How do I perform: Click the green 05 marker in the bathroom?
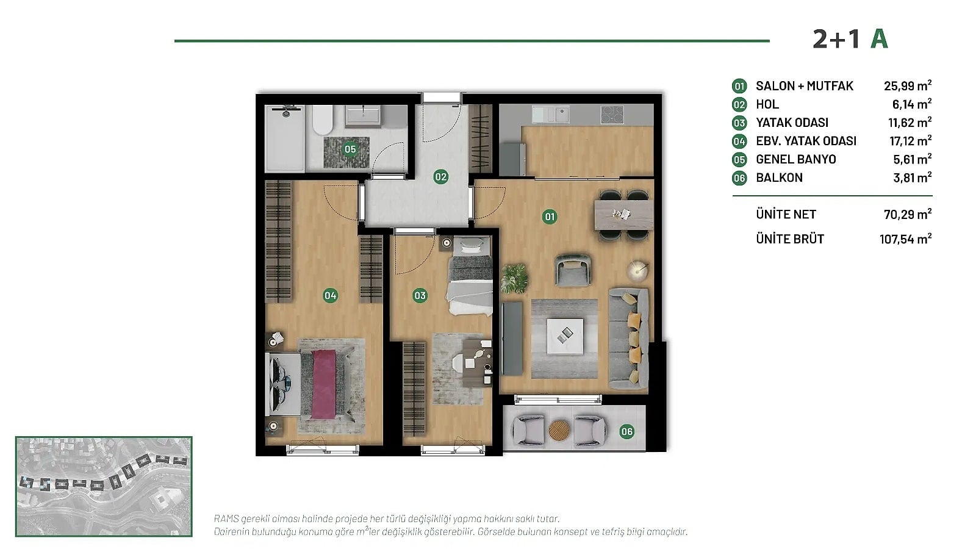[350, 149]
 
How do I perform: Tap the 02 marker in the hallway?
[440, 177]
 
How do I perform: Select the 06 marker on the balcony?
[626, 432]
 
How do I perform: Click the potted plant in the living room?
[514, 278]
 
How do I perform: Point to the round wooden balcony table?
[559, 431]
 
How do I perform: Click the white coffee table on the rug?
[565, 336]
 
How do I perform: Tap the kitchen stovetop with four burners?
[612, 115]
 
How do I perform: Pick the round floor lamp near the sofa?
[638, 271]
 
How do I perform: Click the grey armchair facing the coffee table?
[573, 270]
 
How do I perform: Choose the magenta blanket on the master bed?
[324, 384]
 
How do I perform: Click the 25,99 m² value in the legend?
[908, 85]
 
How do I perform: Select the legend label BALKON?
[779, 178]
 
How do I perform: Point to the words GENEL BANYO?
[795, 159]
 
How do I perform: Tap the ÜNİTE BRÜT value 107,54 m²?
[905, 239]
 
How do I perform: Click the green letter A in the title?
[879, 39]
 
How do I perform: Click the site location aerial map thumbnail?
[104, 486]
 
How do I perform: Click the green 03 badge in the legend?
[739, 123]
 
